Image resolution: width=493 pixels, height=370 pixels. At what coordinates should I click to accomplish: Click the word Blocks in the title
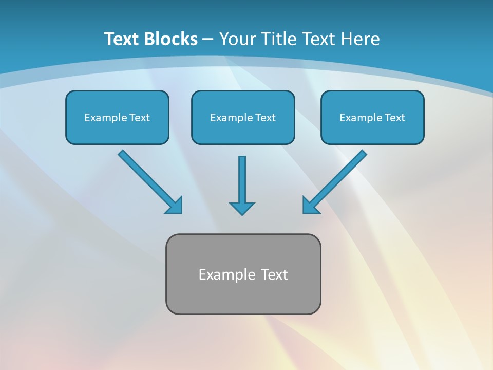click(x=170, y=39)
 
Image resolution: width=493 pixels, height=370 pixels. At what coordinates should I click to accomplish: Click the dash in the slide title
click(x=208, y=40)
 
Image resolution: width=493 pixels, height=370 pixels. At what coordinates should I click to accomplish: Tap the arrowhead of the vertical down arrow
click(x=242, y=208)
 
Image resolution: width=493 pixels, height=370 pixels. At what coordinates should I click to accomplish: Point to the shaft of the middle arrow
click(x=242, y=177)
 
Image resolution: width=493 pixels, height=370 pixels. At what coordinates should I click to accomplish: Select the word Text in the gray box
click(x=274, y=274)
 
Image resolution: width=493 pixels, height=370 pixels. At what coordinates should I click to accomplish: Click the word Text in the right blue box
click(x=394, y=118)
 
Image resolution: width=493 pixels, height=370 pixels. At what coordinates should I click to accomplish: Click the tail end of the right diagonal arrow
click(x=363, y=154)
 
